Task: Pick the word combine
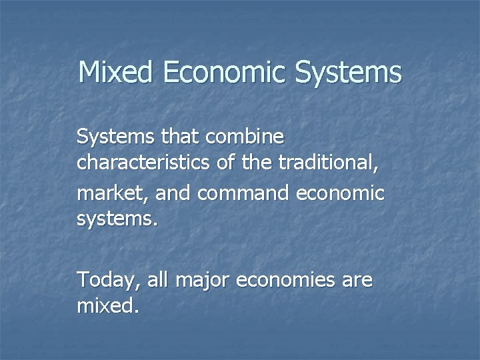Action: [x=246, y=138]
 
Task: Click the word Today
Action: [x=105, y=280]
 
